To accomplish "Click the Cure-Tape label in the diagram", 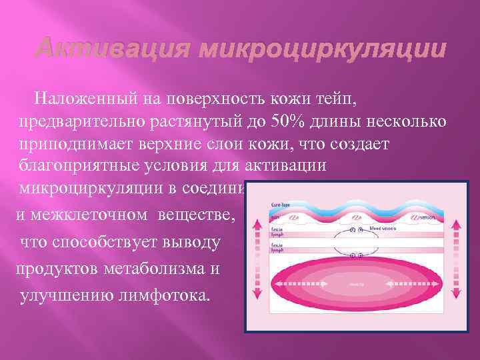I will (x=280, y=205).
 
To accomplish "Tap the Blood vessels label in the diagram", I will (x=385, y=229).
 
